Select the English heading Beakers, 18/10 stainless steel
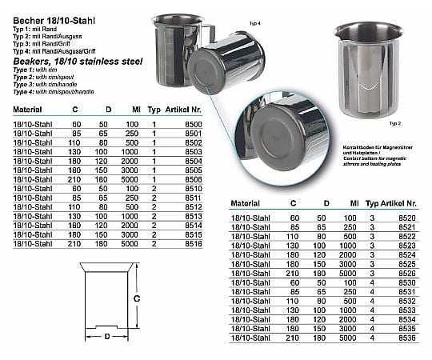tap(65, 63)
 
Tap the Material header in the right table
tap(246, 205)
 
